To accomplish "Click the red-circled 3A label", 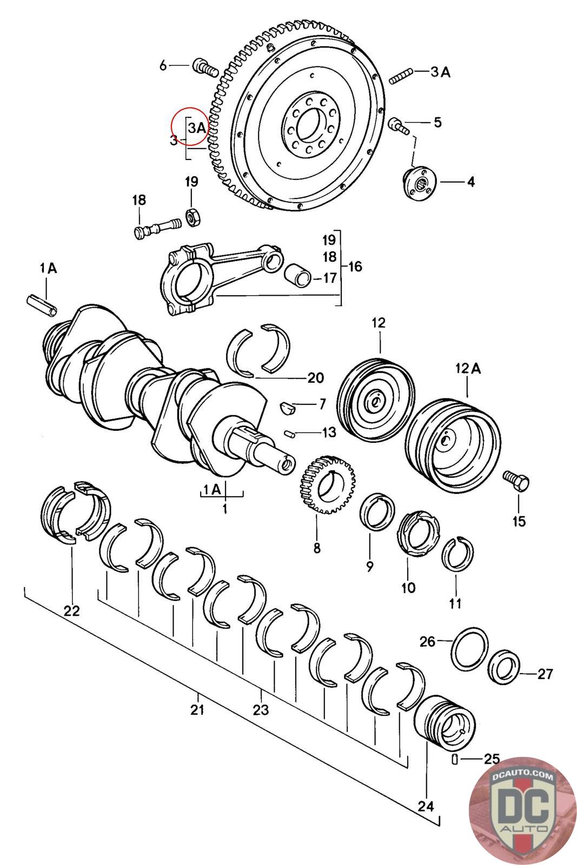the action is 197,128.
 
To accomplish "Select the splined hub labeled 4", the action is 420,183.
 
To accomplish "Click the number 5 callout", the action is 437,122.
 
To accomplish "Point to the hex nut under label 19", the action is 193,218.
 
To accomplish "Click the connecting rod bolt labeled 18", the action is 157,228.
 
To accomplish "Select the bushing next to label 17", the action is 298,275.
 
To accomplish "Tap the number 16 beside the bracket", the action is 355,266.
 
